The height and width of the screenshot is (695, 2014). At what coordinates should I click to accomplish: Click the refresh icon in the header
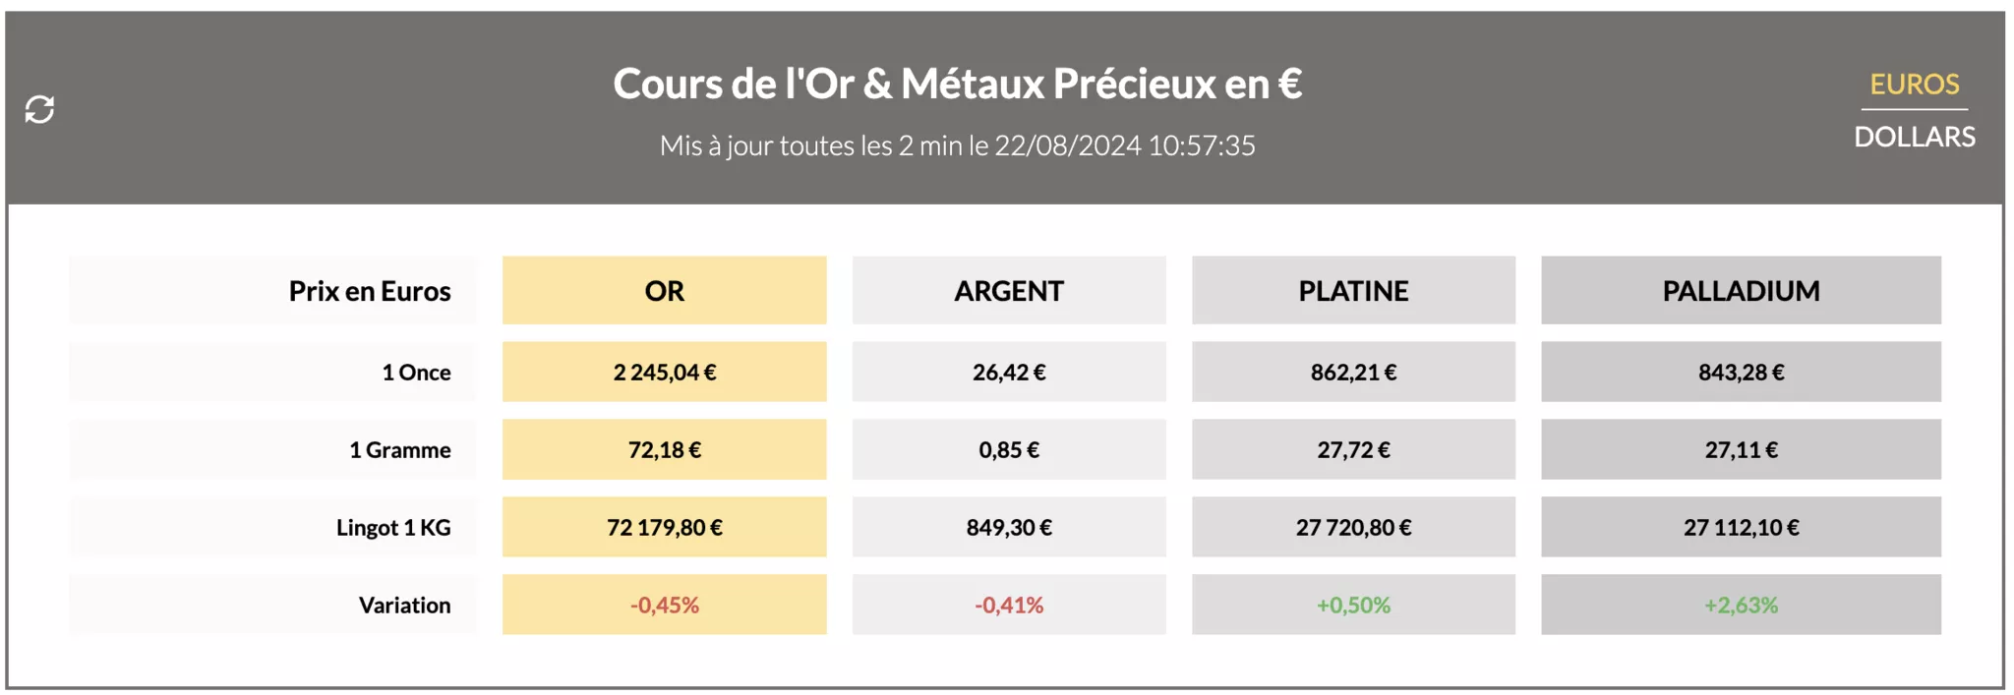tap(39, 109)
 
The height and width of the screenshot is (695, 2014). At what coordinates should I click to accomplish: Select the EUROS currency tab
tap(1914, 85)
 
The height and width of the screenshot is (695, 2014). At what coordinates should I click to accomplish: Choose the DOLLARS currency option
tap(1914, 137)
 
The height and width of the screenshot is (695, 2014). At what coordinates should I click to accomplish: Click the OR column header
tap(664, 291)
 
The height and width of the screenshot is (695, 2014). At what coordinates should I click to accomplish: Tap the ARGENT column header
tap(1008, 291)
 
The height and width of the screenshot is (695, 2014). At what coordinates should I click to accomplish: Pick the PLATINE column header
tap(1353, 291)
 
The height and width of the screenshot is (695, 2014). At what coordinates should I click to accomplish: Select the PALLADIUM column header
tap(1741, 291)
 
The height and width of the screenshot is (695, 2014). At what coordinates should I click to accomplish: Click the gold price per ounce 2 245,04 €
tap(664, 373)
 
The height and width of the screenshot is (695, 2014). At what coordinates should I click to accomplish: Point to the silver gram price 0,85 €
tap(1008, 450)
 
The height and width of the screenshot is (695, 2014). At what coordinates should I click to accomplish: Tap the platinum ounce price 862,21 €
tap(1353, 373)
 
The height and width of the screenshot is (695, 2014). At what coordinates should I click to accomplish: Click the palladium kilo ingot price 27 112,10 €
tap(1741, 528)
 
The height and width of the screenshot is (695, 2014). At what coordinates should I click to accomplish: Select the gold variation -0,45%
tap(664, 606)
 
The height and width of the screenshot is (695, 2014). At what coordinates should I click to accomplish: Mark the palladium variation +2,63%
tap(1741, 606)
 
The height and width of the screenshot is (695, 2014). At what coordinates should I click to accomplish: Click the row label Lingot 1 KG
tap(393, 528)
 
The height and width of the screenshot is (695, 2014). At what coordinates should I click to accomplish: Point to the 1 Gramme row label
tap(400, 450)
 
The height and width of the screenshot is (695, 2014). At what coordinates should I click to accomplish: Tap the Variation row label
tap(404, 606)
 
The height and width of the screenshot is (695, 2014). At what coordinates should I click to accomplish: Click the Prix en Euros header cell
tap(370, 291)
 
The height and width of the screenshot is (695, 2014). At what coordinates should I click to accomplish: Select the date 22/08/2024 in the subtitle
tap(1067, 145)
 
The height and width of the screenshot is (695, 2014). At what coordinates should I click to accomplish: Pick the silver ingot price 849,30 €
tap(1008, 528)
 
